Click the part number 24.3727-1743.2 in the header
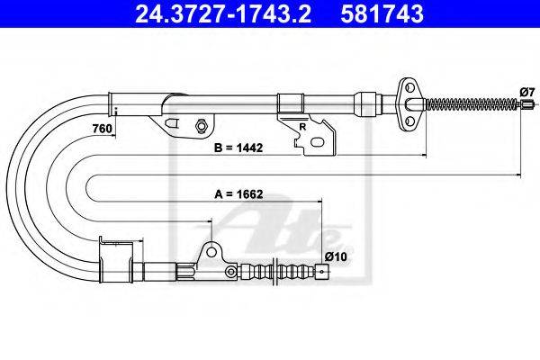223,13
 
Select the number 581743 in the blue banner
382,13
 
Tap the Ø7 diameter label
527,93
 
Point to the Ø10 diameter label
336,256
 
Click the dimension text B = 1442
238,148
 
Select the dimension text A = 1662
238,194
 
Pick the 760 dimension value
103,129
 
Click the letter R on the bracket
302,127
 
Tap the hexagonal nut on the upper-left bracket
201,125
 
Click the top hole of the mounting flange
409,87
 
